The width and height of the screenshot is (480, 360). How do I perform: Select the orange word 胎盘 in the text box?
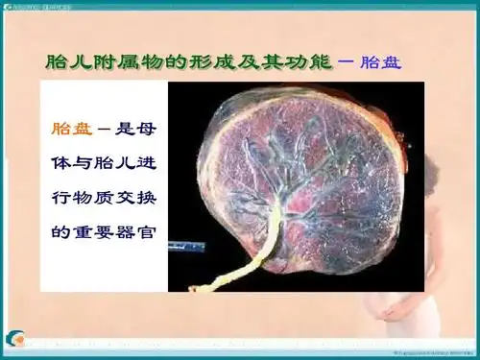(68, 127)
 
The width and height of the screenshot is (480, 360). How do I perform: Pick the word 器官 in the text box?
(138, 230)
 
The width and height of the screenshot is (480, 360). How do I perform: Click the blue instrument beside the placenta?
(188, 246)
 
